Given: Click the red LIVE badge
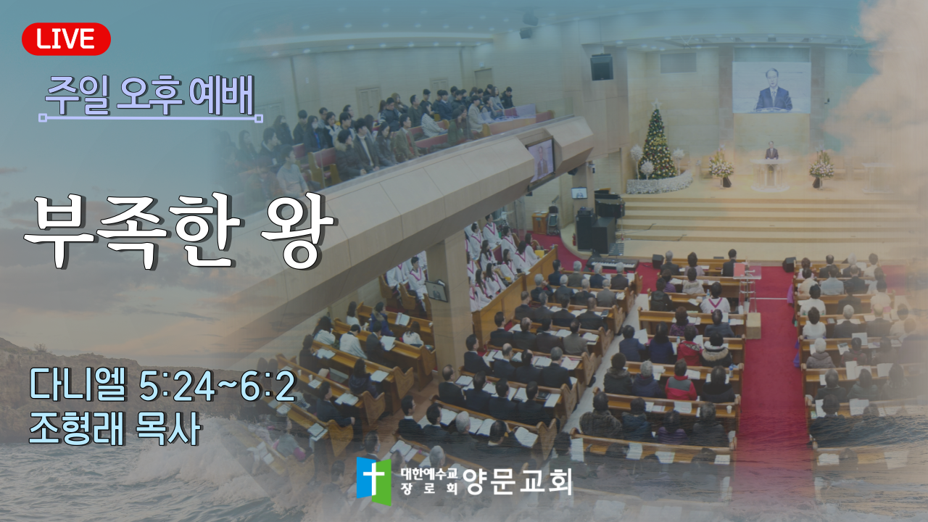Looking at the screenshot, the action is point(66,39).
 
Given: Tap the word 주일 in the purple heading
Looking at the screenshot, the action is point(78,96).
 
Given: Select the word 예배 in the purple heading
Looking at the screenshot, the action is point(221,96).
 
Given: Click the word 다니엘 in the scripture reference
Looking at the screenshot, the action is point(78,384).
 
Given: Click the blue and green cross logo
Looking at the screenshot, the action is point(373,481).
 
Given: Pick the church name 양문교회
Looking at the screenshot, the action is point(517,481).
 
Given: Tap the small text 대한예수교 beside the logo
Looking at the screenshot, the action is point(428,473).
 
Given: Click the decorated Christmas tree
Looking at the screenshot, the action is point(657,143).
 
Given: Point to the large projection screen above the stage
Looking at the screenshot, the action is point(771,88).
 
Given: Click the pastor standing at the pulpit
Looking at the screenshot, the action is point(771,152).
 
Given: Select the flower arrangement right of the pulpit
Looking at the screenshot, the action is point(821,168).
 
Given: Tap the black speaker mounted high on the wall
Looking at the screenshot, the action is point(602,67).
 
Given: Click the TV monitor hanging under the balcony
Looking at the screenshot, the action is point(541,160).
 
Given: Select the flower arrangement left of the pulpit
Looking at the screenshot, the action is point(721,168).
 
